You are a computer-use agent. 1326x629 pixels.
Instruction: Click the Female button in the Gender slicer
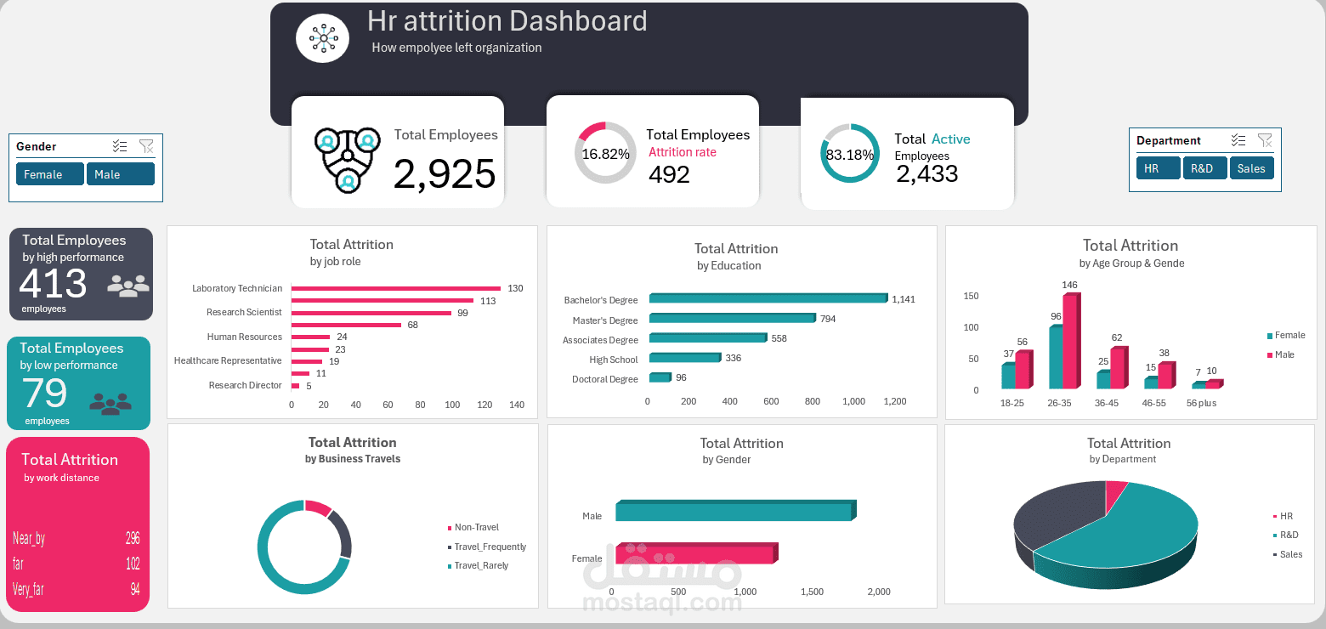pyautogui.click(x=49, y=174)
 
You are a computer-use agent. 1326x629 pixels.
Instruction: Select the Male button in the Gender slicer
pyautogui.click(x=120, y=174)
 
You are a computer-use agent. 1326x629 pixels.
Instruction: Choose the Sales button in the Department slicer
pyautogui.click(x=1251, y=168)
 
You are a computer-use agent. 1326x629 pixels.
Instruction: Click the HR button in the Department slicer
pyautogui.click(x=1157, y=168)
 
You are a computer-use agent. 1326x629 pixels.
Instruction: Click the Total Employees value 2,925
pyautogui.click(x=444, y=174)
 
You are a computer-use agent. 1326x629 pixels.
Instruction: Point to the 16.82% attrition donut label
pyautogui.click(x=605, y=155)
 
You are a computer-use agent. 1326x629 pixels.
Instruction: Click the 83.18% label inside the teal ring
pyautogui.click(x=850, y=155)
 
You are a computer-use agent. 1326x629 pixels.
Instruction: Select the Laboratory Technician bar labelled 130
pyautogui.click(x=395, y=288)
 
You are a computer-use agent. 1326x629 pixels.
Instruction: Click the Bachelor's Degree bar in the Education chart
pyautogui.click(x=768, y=298)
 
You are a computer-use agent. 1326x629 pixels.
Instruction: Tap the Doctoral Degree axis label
pyautogui.click(x=604, y=379)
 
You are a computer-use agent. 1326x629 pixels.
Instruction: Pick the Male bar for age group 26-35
pyautogui.click(x=1070, y=341)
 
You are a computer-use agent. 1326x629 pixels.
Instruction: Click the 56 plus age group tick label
pyautogui.click(x=1201, y=403)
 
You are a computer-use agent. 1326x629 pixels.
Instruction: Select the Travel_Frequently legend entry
pyautogui.click(x=490, y=547)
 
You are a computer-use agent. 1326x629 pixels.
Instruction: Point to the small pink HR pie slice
pyautogui.click(x=1116, y=491)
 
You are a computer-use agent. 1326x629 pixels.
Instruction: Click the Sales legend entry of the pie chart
pyautogui.click(x=1290, y=554)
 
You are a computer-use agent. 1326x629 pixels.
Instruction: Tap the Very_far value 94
pyautogui.click(x=135, y=589)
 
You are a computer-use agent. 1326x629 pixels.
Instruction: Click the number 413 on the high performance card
pyautogui.click(x=53, y=284)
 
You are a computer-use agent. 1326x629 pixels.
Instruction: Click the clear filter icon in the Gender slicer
pyautogui.click(x=146, y=147)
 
